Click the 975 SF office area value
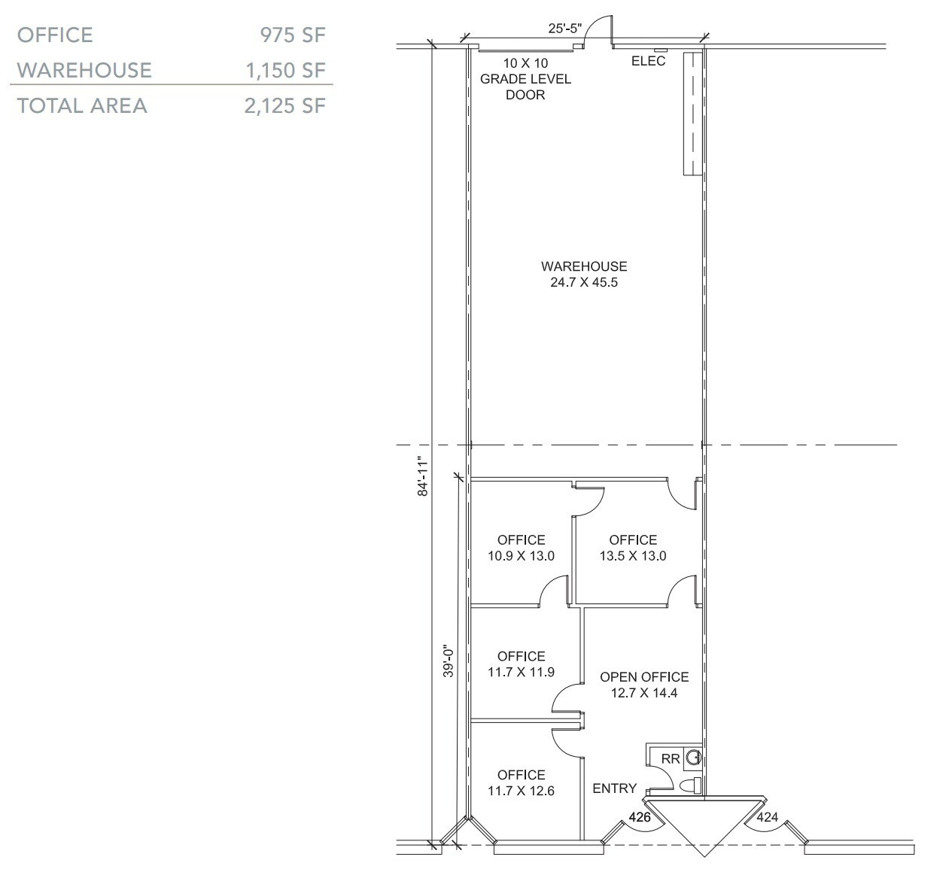pos(293,35)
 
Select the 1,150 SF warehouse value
pos(285,70)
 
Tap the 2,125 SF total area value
pos(284,105)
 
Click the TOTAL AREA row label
pos(82,105)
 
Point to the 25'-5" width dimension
pos(564,29)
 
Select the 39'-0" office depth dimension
pos(448,661)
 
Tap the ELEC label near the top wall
pos(648,61)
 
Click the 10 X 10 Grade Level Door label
pos(525,79)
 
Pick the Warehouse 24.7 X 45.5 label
pos(584,275)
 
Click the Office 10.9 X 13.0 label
pos(521,548)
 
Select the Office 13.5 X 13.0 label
pos(633,548)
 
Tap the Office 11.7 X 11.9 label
pos(521,664)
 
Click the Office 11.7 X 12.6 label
pos(521,782)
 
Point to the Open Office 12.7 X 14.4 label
pos(644,685)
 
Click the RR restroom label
pos(671,759)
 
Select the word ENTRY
pos(614,788)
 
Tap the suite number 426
pos(640,817)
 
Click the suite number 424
pos(767,817)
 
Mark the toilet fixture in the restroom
pos(690,786)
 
